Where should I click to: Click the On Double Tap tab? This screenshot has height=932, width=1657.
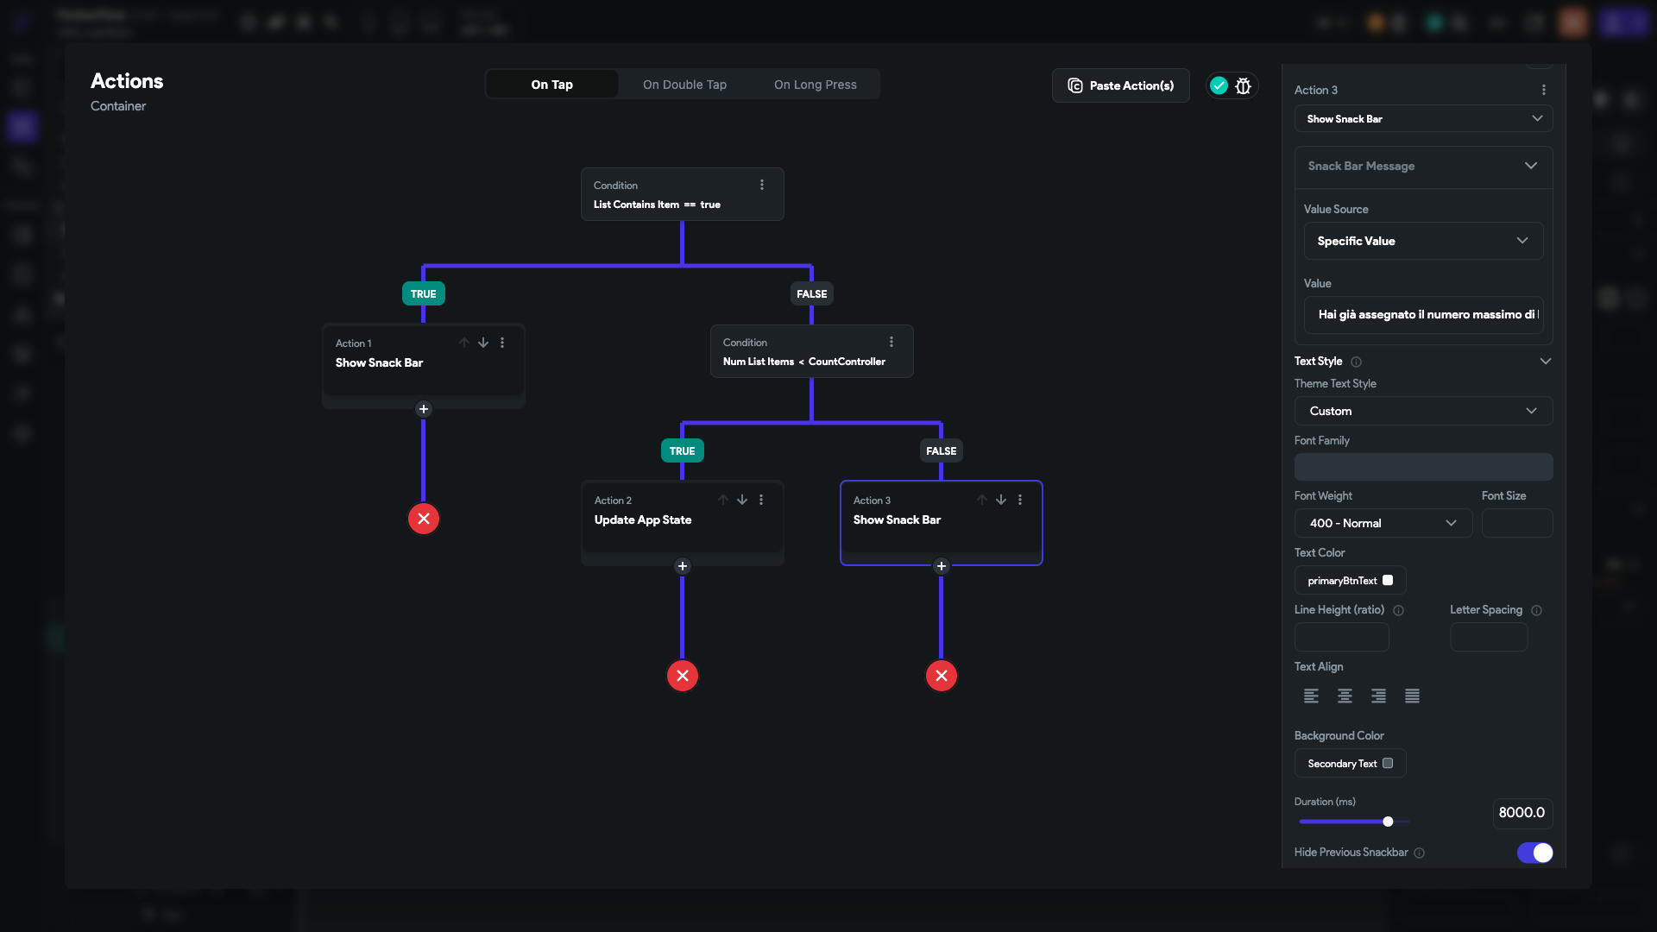(684, 85)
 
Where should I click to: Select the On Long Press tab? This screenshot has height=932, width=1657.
(815, 85)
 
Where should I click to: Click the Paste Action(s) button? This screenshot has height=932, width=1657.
(1120, 85)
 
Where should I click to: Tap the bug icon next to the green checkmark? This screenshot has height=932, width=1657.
(1243, 85)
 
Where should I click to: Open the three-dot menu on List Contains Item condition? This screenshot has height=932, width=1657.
(762, 185)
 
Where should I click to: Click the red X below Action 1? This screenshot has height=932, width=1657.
(424, 519)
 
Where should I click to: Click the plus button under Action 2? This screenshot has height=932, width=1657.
(683, 566)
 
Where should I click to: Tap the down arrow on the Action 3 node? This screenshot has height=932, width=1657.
(1001, 500)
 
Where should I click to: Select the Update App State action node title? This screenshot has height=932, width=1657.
(643, 520)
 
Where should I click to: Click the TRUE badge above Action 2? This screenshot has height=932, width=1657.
(682, 450)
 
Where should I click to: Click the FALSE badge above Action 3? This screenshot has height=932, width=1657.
(941, 450)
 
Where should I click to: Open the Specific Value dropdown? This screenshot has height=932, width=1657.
(1423, 241)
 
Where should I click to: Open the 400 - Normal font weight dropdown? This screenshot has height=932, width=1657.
(1383, 523)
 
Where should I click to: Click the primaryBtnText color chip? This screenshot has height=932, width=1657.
(1350, 581)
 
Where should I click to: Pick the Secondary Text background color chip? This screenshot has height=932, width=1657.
(1350, 764)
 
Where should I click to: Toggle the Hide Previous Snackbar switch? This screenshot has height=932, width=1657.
(1534, 853)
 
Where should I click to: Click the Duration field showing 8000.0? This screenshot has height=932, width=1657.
(1522, 813)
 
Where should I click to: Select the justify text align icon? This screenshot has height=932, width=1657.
(1412, 696)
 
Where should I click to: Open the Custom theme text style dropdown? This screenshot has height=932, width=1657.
(1423, 411)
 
